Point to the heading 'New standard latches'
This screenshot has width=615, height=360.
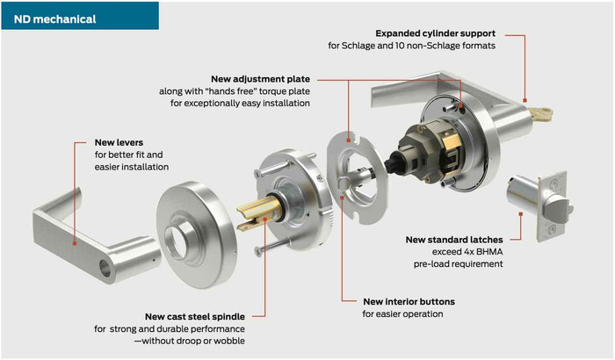pos(454,238)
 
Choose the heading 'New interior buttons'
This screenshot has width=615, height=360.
pos(409,301)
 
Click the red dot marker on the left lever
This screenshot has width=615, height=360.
pos(76,242)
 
